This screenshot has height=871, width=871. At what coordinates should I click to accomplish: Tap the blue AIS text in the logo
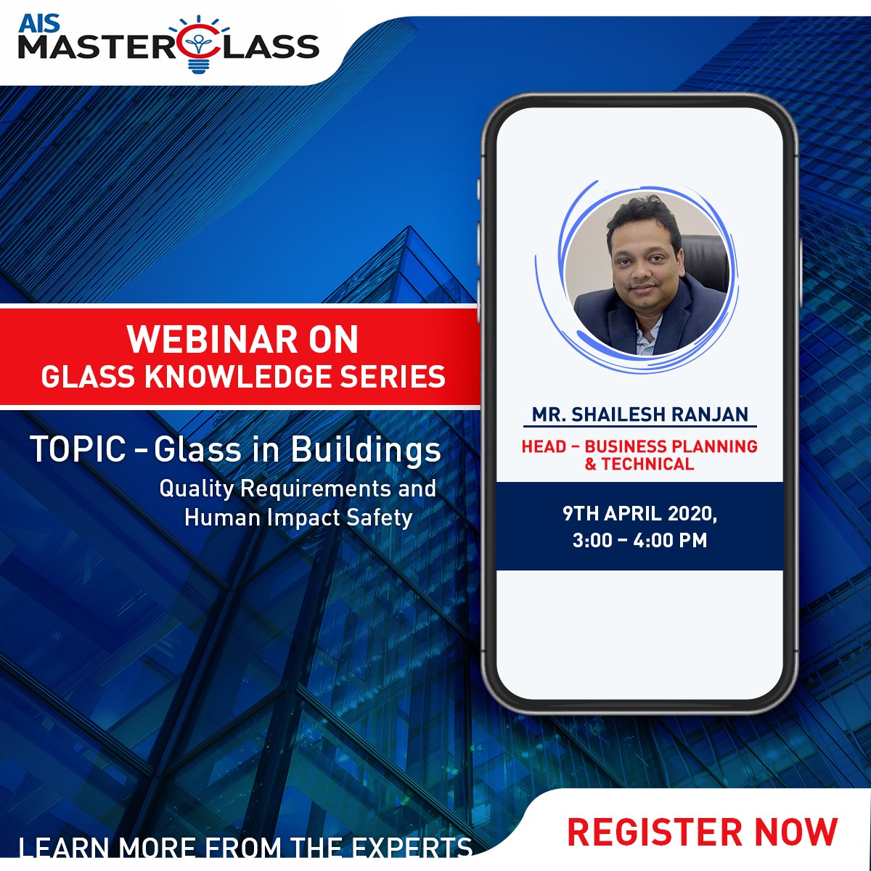(39, 24)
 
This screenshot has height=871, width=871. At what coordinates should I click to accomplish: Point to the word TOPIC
(78, 450)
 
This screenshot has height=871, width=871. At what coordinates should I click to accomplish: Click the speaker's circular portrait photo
(647, 274)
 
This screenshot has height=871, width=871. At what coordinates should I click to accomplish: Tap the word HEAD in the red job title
(544, 446)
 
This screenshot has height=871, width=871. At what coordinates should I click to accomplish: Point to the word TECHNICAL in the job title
(647, 465)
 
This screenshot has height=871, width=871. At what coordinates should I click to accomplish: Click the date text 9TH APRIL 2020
(639, 515)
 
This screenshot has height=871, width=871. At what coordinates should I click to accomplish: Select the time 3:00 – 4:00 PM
(639, 541)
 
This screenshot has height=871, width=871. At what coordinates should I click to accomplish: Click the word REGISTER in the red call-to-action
(655, 831)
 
